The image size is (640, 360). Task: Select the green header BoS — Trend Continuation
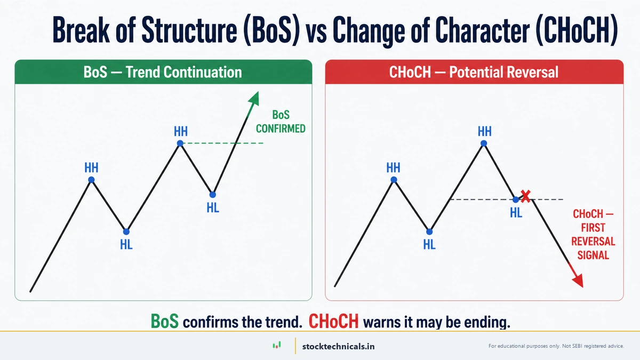(163, 72)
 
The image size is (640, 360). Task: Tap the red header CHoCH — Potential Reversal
(474, 72)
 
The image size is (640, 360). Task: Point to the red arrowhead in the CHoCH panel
(577, 281)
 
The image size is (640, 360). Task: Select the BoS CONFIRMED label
(281, 122)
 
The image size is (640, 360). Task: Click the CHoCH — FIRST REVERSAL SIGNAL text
(593, 235)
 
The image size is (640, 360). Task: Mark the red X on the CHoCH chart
(525, 196)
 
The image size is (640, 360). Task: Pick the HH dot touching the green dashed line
(180, 143)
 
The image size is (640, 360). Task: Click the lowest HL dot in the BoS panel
(126, 231)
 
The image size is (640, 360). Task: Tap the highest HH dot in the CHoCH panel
(484, 143)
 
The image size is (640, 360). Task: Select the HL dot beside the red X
(515, 199)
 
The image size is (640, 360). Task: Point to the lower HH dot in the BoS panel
(91, 180)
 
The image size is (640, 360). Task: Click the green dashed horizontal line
(224, 143)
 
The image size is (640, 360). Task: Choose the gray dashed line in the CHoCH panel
(480, 199)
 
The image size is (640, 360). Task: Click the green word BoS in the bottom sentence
(166, 321)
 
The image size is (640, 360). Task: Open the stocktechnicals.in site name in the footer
(338, 346)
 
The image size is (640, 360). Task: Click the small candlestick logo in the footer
(276, 346)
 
